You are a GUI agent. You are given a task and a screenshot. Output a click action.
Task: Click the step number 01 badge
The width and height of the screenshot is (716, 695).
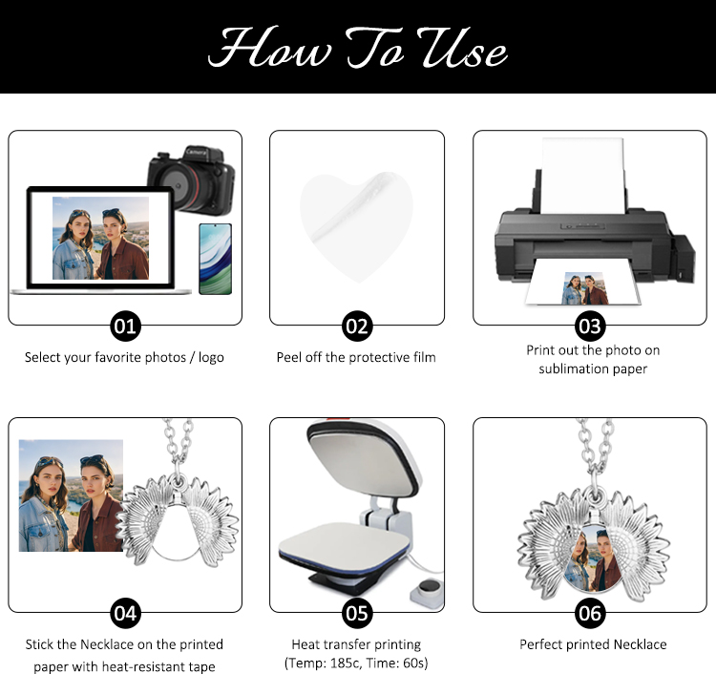point(125,326)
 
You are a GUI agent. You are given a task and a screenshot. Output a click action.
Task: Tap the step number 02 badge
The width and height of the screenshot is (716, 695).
point(357,326)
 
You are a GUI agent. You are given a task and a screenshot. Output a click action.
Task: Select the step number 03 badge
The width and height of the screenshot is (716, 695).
point(590,326)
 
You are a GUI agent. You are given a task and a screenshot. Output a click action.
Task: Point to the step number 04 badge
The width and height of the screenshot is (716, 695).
point(125,613)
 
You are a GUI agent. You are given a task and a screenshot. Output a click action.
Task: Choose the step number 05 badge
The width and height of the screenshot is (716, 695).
point(357,613)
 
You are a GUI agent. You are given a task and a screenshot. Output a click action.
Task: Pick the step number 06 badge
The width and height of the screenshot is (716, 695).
point(590,613)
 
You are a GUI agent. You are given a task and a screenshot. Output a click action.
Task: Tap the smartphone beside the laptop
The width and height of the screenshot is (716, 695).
point(215,259)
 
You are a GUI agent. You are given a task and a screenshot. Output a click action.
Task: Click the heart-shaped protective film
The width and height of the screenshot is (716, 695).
point(357,227)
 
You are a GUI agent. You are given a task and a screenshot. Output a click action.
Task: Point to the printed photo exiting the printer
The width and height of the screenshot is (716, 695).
point(584,288)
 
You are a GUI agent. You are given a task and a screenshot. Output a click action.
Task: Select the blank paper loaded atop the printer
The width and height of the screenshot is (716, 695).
point(582,176)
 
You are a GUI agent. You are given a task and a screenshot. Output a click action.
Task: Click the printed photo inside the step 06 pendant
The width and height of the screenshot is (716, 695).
point(593,558)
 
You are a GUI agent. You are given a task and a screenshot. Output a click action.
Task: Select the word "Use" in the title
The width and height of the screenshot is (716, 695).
point(462,48)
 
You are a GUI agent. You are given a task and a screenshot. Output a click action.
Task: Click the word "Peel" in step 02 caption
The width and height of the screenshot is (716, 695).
point(288,357)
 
